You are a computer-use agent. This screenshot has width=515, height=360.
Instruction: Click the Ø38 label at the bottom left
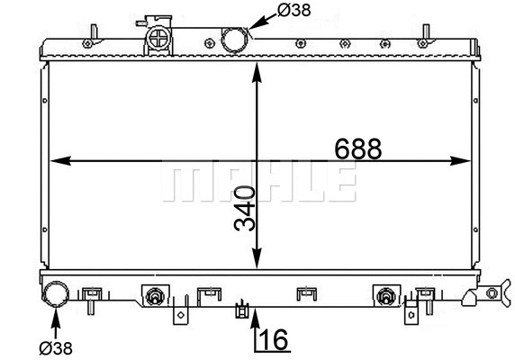(55, 346)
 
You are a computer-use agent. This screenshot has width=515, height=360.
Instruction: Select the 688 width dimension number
(358, 148)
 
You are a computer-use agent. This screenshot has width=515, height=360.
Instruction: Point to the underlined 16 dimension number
(275, 340)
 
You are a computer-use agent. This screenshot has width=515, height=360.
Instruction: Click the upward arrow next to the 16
(256, 320)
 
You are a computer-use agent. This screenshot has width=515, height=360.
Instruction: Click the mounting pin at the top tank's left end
(88, 41)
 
